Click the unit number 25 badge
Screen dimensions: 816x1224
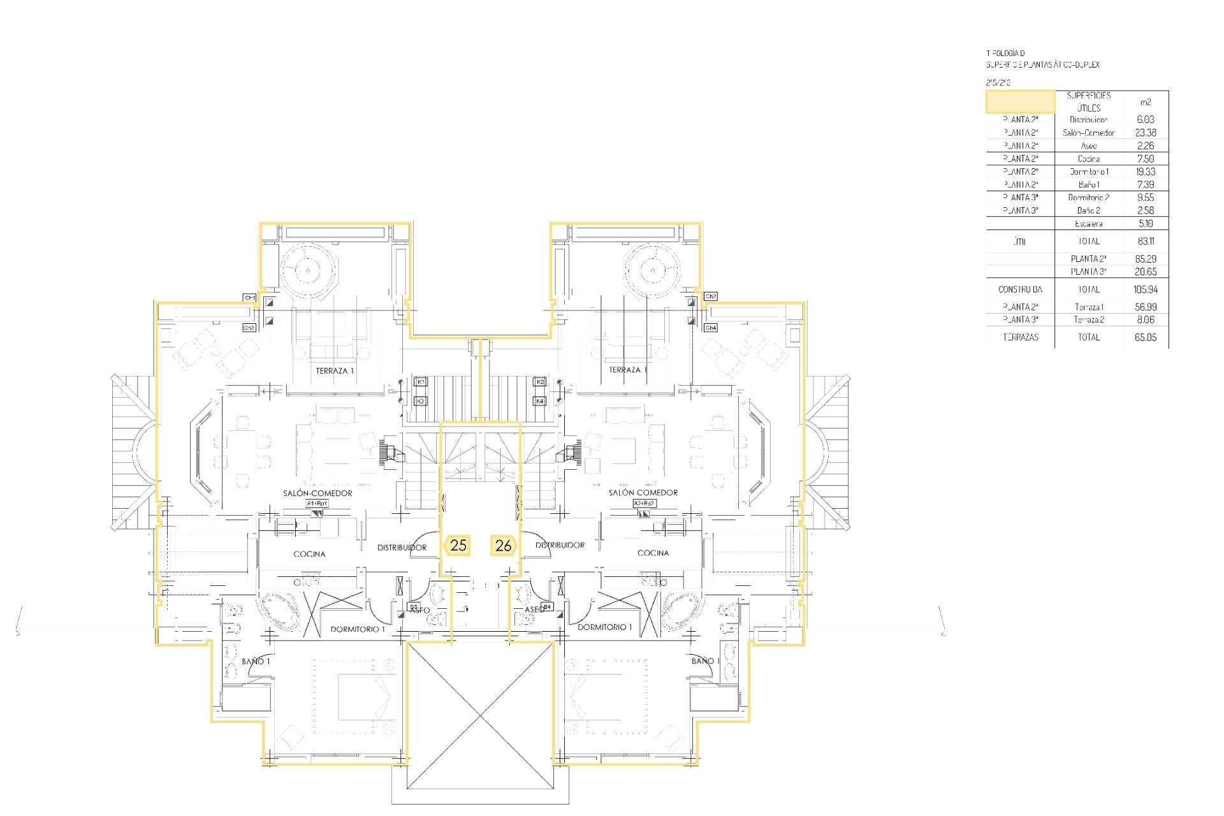pos(458,546)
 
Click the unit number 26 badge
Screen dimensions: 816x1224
pos(503,546)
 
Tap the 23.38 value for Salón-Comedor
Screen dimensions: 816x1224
pos(1145,133)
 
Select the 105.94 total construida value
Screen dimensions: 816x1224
pos(1145,289)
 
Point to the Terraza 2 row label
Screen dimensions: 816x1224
pos(1088,320)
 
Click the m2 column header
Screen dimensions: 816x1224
pos(1145,102)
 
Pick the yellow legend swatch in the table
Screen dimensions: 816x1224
pos(1020,102)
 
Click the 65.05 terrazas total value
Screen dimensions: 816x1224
pos(1145,337)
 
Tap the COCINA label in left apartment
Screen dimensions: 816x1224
pos(309,554)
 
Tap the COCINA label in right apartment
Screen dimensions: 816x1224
pos(653,553)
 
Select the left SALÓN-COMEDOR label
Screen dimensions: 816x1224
pos(317,493)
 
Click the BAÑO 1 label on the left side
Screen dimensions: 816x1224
pos(256,662)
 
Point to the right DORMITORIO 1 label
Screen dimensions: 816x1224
pos(604,627)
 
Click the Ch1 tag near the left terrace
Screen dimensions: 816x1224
pos(249,298)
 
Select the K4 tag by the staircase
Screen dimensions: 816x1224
pos(539,401)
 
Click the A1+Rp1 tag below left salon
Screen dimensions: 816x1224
pos(317,504)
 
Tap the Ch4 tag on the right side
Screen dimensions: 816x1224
pos(711,328)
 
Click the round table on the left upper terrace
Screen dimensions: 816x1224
pos(307,270)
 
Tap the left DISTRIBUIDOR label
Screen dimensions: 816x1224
pos(402,548)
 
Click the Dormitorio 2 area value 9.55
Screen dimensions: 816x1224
pos(1145,198)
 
